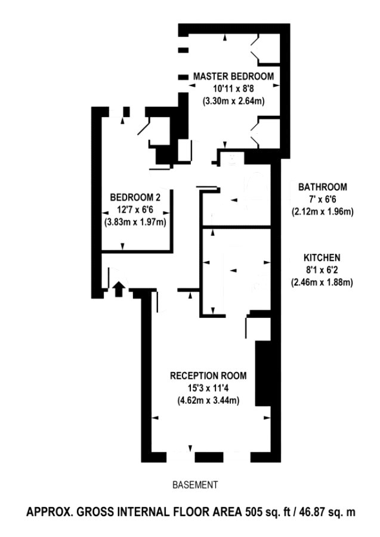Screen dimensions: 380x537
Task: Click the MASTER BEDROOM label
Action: coord(233,76)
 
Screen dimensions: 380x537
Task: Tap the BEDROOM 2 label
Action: coord(135,197)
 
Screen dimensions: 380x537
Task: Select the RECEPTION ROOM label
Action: coord(208,376)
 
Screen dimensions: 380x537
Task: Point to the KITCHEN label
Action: coord(322,257)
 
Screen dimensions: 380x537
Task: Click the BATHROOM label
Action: coord(323,187)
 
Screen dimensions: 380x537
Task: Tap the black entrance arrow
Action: coord(118,289)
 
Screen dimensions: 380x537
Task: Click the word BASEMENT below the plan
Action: coord(195,485)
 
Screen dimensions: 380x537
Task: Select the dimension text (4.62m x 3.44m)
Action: coord(208,400)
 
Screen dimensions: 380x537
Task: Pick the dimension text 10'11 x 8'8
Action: coord(234,88)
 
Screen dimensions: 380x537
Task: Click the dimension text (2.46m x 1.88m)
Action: coord(322,283)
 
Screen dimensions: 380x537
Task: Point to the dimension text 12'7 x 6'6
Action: coord(135,210)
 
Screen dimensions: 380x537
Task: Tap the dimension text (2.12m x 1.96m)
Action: coord(323,211)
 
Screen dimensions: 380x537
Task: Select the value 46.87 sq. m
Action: coord(328,512)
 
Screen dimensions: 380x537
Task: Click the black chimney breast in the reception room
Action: coord(263,373)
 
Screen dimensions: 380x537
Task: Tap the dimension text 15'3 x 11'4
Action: coord(208,388)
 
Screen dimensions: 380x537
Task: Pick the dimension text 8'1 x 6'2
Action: coord(322,270)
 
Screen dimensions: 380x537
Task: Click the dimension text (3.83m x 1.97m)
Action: coord(135,222)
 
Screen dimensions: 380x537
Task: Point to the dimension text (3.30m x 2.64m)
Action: coord(234,102)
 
